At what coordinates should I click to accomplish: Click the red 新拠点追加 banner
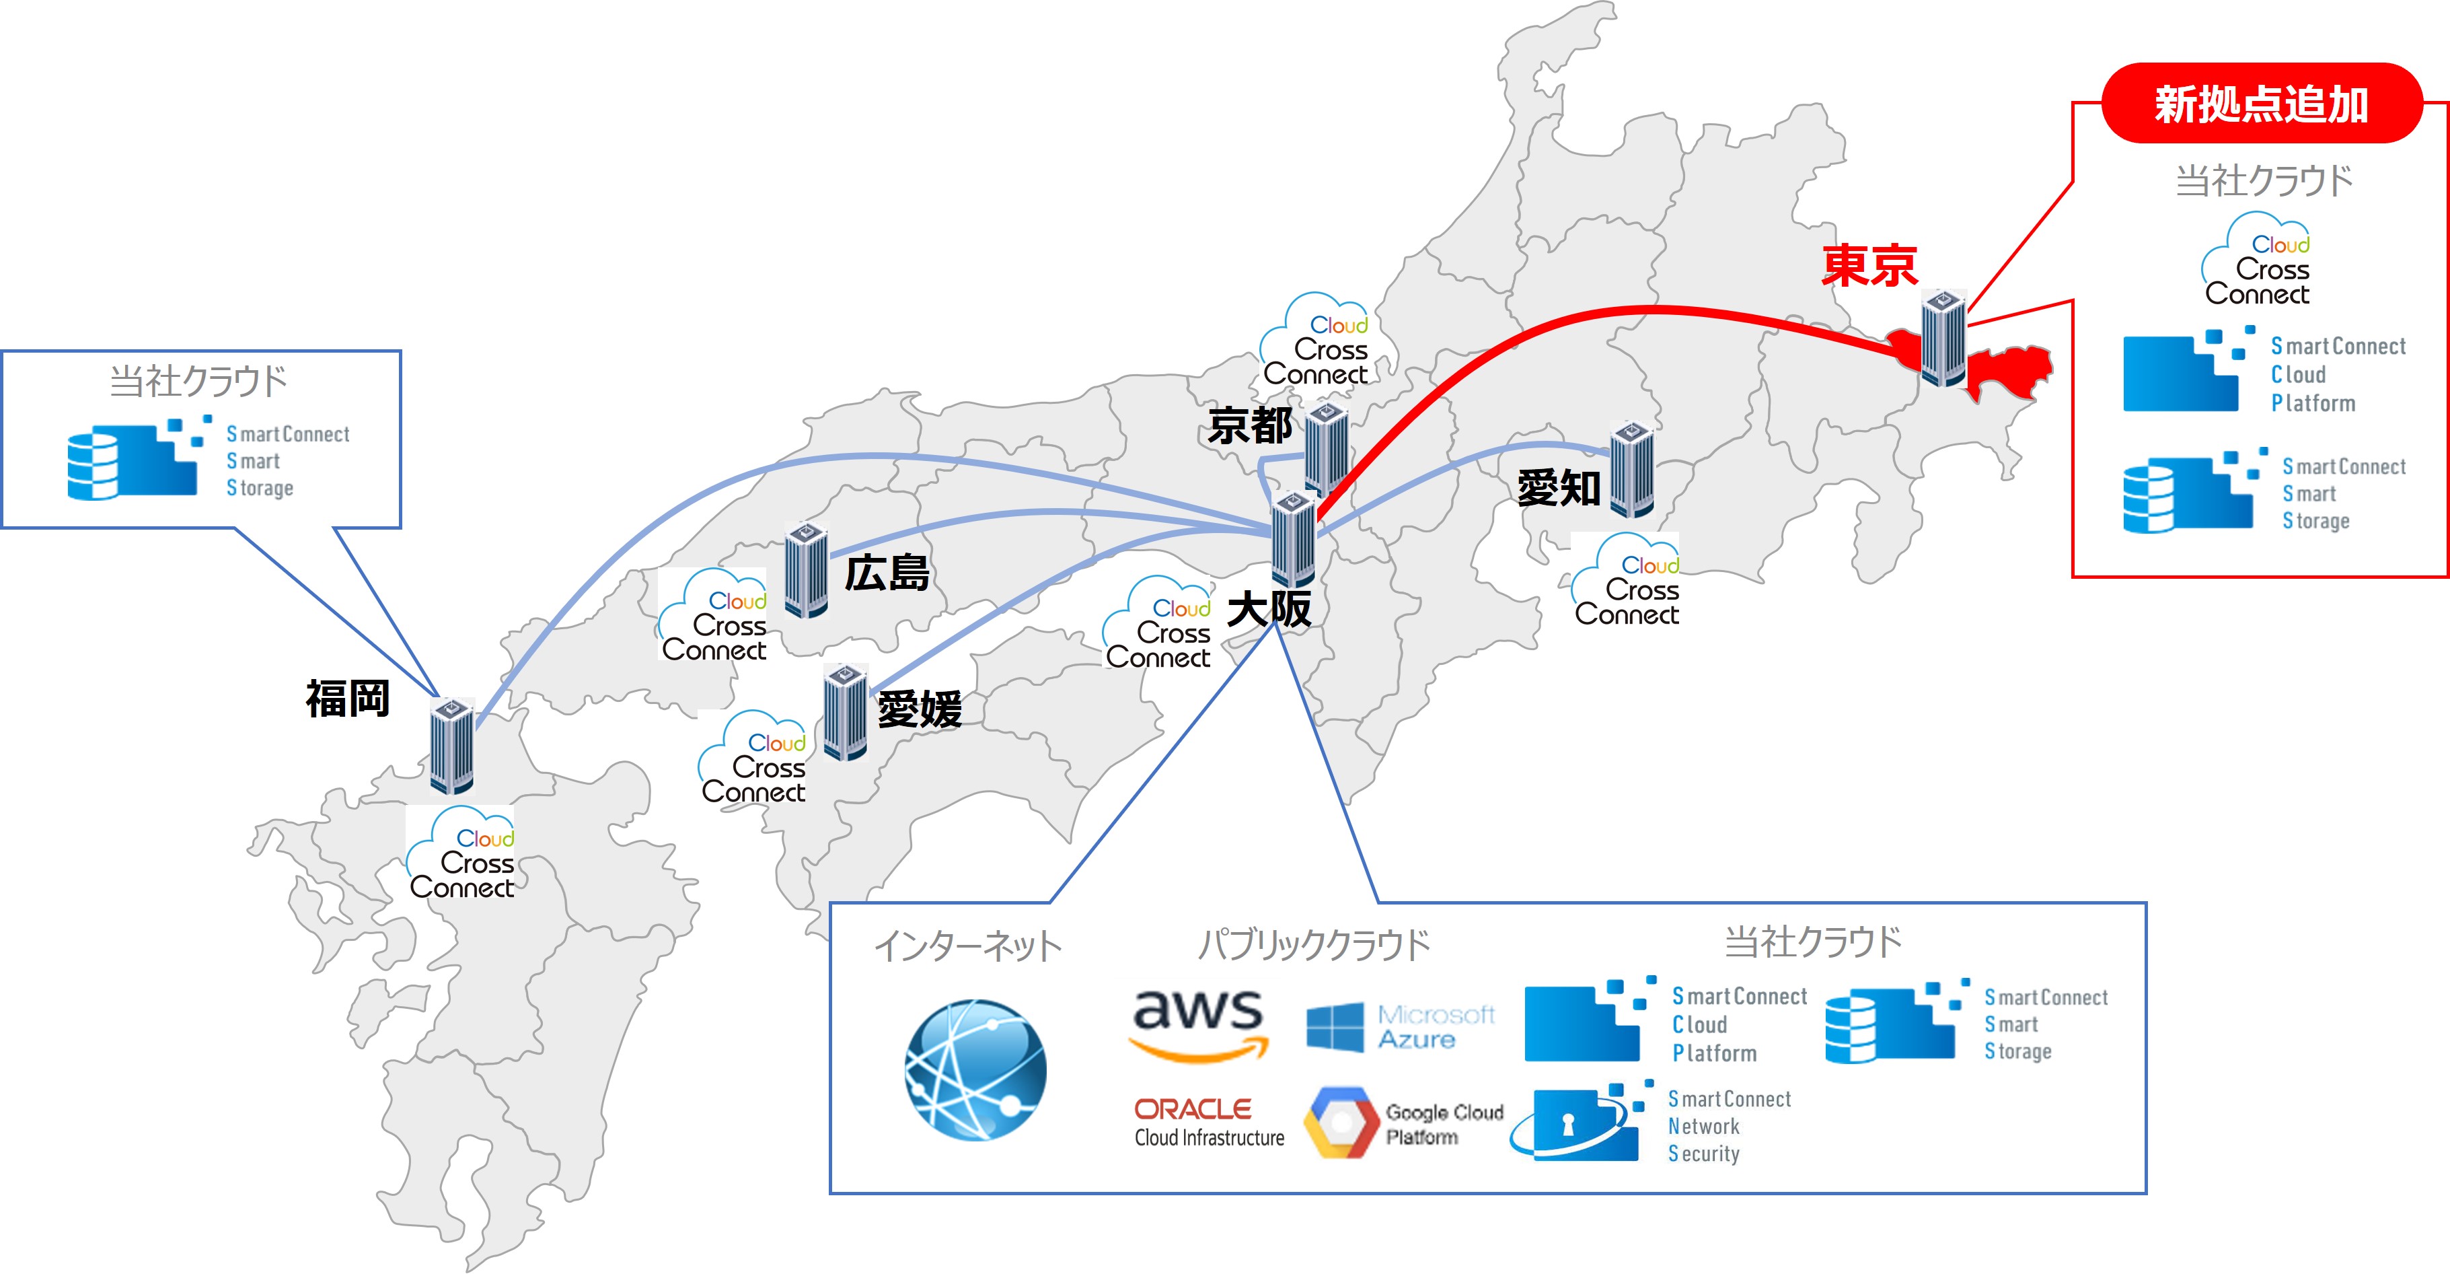[x=2261, y=104]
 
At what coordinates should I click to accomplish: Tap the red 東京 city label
[x=1869, y=265]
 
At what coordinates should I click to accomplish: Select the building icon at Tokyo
[x=1942, y=338]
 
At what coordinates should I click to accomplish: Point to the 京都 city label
[x=1249, y=425]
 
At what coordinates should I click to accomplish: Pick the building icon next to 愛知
[x=1631, y=469]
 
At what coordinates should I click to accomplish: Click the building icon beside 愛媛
[x=844, y=711]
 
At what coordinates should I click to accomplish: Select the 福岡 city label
[x=347, y=699]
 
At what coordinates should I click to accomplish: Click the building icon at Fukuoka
[x=452, y=745]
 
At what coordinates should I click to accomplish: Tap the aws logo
[x=1198, y=1024]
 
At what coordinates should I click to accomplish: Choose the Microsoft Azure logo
[x=1400, y=1028]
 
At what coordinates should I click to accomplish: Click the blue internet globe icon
[x=975, y=1069]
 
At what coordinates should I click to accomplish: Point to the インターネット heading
[x=967, y=946]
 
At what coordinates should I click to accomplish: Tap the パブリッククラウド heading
[x=1313, y=945]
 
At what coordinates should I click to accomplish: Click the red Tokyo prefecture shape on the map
[x=2007, y=371]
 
